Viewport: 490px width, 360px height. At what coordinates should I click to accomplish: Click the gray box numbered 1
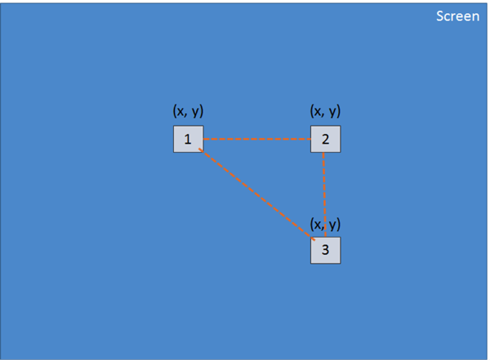coord(188,139)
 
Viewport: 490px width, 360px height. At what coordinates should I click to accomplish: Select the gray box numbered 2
coord(325,139)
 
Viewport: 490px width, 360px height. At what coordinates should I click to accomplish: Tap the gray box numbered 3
coord(325,250)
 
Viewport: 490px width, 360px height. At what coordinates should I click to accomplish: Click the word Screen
coord(457,16)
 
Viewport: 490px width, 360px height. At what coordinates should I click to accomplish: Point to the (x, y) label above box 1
coord(188,111)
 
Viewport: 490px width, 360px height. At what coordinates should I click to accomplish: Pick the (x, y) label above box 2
coord(325,111)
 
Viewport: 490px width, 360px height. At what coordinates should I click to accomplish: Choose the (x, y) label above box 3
coord(325,224)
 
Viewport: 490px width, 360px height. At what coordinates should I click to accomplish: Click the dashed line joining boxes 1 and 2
coord(256,139)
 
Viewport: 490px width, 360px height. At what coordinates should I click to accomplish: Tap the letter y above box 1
coord(195,112)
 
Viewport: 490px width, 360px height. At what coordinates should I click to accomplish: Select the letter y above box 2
coord(332,112)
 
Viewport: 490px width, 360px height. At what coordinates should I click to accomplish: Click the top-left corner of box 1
coord(174,126)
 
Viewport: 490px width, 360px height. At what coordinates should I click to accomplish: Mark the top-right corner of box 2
coord(340,126)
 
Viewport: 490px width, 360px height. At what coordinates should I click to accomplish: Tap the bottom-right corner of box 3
coord(340,264)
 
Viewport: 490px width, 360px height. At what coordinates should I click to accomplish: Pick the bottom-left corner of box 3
coord(311,264)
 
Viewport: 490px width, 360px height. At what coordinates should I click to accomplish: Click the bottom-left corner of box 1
coord(174,152)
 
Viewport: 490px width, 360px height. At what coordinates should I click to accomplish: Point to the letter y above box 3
coord(332,224)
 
